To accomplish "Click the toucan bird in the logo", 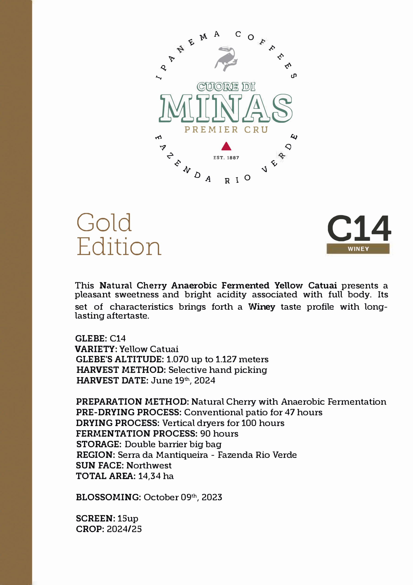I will (226, 59).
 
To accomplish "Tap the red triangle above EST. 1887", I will (226, 146).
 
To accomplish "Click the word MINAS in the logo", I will (226, 108).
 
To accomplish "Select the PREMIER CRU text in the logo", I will (226, 130).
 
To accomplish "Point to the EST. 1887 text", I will (226, 158).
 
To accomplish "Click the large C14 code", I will (359, 228).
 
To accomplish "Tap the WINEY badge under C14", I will (358, 249).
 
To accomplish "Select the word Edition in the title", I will (119, 246).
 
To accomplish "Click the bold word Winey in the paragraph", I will (262, 306).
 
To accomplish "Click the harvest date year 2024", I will (205, 380).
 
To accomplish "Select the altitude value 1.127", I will (226, 359).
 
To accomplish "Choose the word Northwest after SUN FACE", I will (149, 465).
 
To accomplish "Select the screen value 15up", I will (128, 519).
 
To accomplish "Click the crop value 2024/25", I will (124, 529).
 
